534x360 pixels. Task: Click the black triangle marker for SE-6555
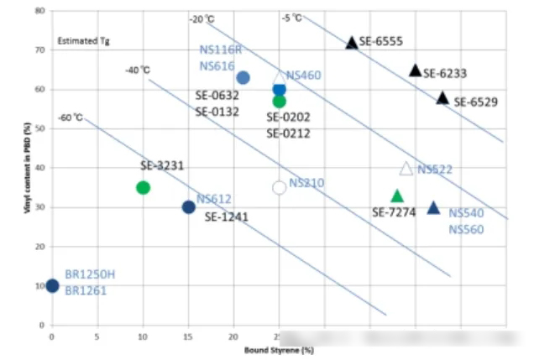(352, 43)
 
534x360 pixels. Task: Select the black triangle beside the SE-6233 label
(415, 70)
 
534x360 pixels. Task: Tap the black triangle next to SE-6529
(442, 98)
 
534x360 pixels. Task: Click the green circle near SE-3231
(143, 187)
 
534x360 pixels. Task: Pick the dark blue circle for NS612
(189, 206)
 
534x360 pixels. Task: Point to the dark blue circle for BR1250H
(52, 285)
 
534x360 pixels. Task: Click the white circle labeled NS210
(280, 187)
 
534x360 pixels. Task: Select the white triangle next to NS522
(406, 169)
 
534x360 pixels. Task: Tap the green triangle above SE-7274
(397, 196)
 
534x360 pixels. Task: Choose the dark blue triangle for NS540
(433, 207)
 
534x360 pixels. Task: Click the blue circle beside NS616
(243, 77)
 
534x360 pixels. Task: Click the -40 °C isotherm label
(138, 70)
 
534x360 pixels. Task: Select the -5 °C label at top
(292, 18)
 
